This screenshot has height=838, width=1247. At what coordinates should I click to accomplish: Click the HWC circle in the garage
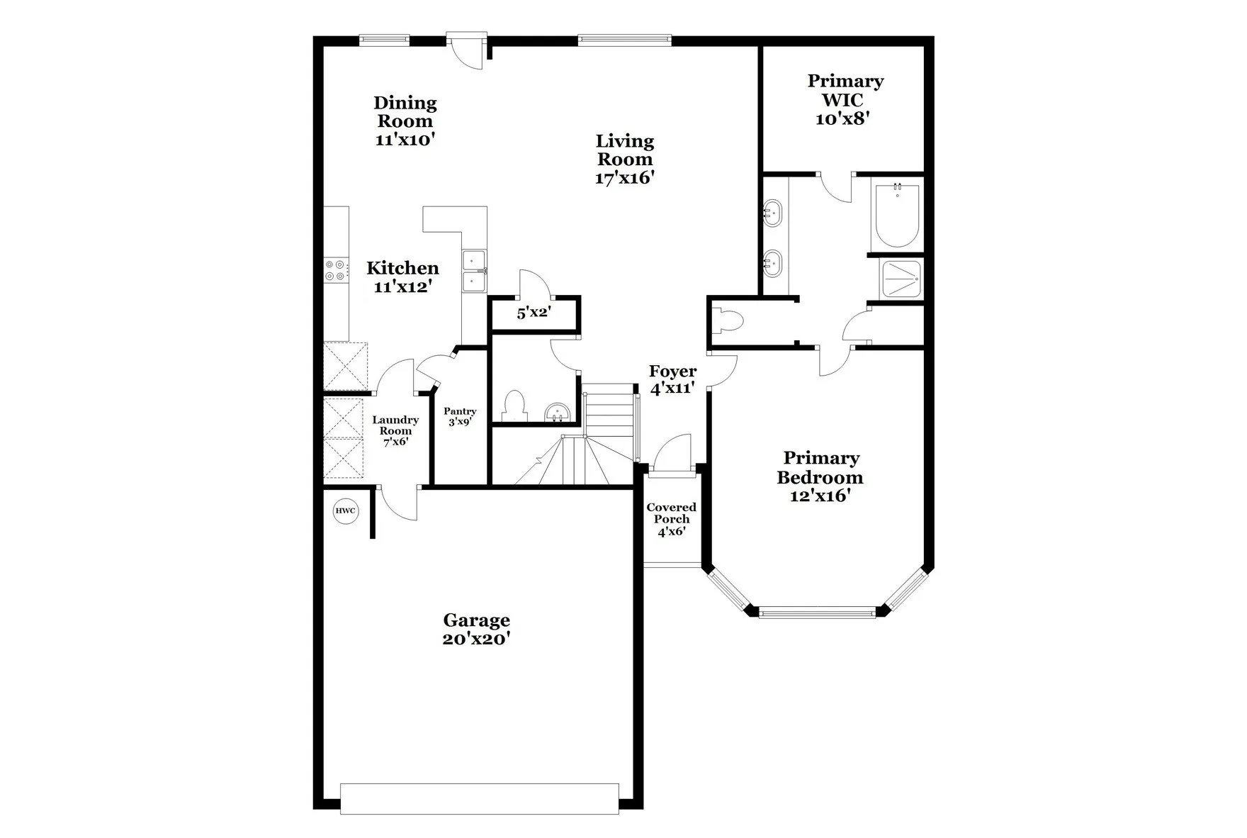tap(346, 510)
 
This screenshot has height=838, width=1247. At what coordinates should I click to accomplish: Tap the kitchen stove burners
tap(336, 270)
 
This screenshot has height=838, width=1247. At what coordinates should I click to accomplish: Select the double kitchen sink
tap(474, 272)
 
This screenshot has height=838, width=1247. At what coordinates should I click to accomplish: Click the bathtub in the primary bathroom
tap(897, 216)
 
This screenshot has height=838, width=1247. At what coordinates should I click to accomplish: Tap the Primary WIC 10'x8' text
tap(845, 99)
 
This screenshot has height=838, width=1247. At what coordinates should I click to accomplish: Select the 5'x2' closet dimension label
tap(534, 313)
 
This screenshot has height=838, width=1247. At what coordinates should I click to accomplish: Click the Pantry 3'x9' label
tap(460, 416)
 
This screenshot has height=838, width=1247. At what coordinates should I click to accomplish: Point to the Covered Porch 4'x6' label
tap(671, 519)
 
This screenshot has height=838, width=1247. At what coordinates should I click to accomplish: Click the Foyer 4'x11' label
tap(672, 379)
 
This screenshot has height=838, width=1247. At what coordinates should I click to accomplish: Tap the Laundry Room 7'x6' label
tap(395, 430)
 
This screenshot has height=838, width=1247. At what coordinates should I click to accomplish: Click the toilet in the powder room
tap(514, 406)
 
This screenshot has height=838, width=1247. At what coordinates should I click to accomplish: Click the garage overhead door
tap(479, 798)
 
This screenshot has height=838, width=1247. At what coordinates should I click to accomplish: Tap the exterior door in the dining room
tap(468, 50)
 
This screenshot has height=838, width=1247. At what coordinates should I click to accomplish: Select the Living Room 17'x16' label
tap(624, 160)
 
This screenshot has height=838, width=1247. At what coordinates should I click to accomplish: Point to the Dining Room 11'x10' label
tap(405, 121)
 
